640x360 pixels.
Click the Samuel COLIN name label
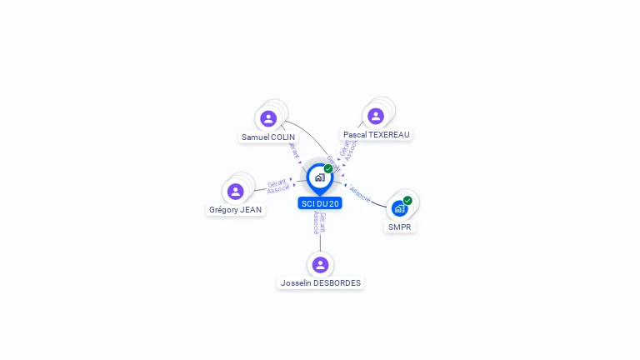point(268,137)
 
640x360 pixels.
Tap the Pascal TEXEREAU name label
point(377,134)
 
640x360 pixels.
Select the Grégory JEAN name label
point(236,210)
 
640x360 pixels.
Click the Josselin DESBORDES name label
point(321,283)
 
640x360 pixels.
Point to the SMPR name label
point(400,227)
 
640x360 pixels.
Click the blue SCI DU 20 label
point(320,203)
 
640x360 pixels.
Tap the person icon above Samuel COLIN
point(268,118)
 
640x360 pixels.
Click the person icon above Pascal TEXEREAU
point(376,116)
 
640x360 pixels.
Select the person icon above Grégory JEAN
point(236,192)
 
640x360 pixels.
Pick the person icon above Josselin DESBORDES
point(321,265)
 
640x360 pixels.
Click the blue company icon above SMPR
point(399,207)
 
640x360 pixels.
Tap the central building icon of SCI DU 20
point(319,177)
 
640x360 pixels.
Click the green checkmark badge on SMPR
point(407,200)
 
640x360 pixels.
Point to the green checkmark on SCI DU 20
point(328,169)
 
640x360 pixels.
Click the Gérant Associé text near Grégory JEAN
point(277,186)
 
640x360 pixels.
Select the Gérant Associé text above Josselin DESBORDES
point(319,222)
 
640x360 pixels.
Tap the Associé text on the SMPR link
point(361,193)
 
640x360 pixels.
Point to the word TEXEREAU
point(389,134)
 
